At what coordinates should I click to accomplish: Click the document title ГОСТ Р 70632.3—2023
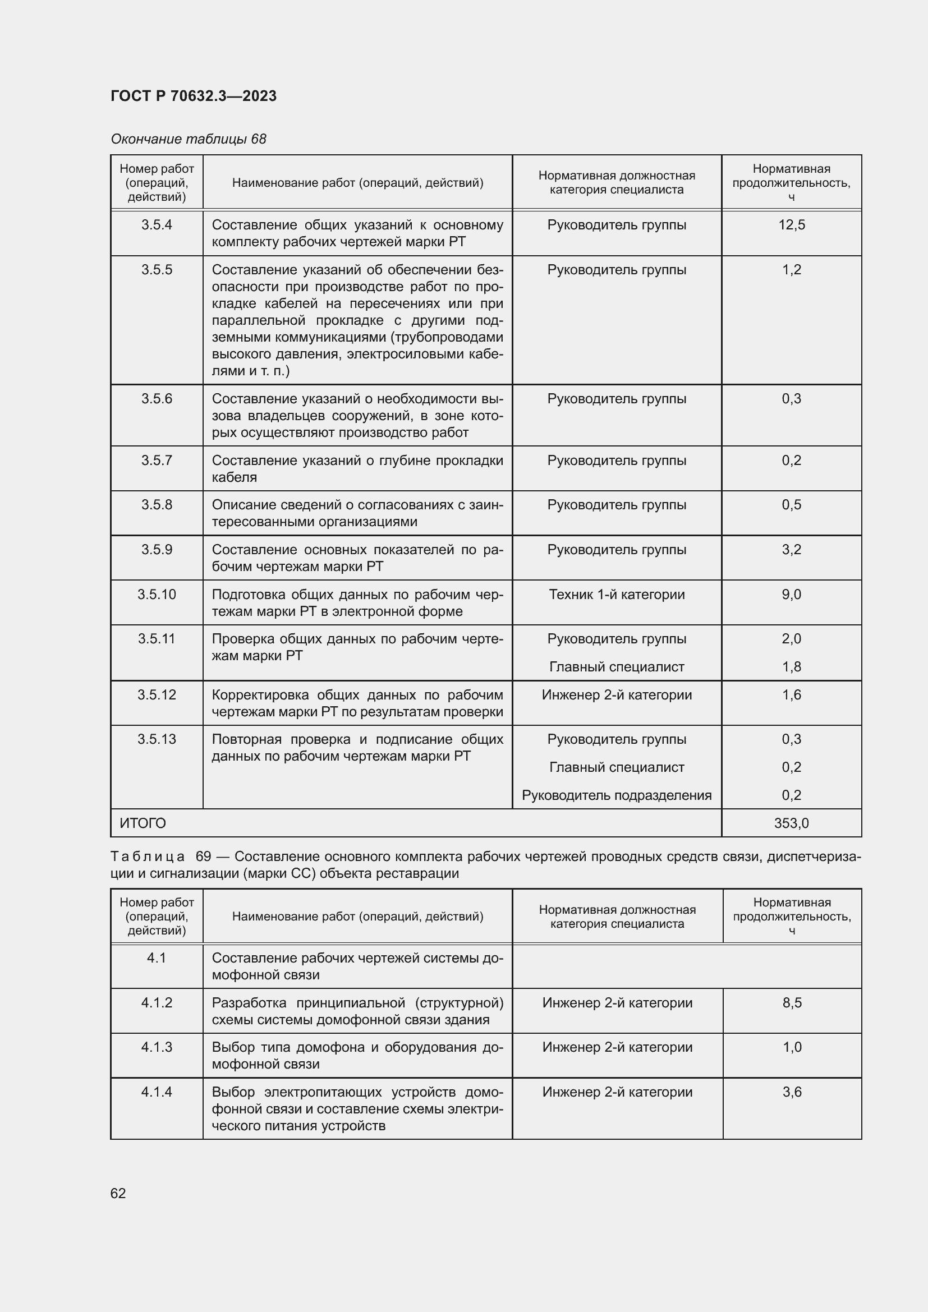(x=193, y=96)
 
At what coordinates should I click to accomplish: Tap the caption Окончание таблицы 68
(x=188, y=139)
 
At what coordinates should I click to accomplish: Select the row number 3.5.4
(x=157, y=224)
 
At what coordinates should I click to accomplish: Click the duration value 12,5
(x=792, y=224)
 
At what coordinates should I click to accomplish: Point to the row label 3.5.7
(x=157, y=460)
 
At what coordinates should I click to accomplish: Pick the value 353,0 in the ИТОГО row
(x=792, y=823)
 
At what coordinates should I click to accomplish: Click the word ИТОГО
(x=143, y=823)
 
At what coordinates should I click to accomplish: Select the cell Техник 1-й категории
(x=617, y=594)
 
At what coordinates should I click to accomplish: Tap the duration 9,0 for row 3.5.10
(x=792, y=594)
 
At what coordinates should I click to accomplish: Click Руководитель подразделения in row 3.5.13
(x=617, y=795)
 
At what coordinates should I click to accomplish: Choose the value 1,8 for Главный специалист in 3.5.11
(x=792, y=666)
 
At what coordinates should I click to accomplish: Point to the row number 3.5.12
(x=157, y=694)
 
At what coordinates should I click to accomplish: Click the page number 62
(x=118, y=1193)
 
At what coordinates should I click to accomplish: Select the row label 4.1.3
(x=157, y=1047)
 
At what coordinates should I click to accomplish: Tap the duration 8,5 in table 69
(x=792, y=1002)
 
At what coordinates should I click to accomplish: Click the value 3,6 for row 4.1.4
(x=792, y=1092)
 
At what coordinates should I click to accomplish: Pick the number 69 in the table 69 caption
(x=204, y=856)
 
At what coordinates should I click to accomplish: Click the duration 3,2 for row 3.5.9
(x=792, y=549)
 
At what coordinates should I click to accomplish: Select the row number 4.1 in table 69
(x=157, y=957)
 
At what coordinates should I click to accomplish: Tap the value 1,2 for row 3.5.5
(x=792, y=269)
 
